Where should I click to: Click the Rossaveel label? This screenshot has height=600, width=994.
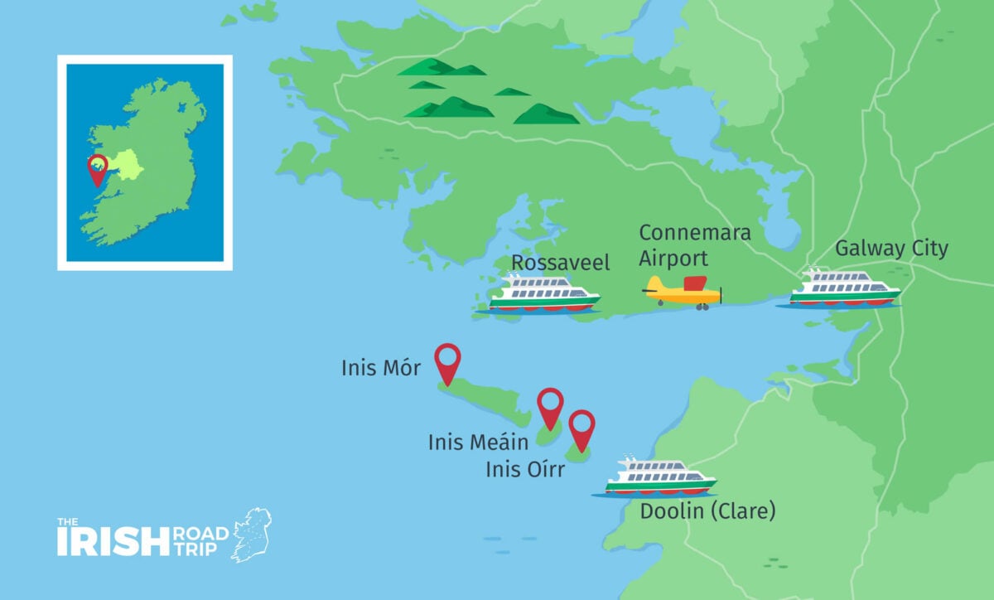(x=560, y=264)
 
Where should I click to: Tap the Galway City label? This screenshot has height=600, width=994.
(x=891, y=248)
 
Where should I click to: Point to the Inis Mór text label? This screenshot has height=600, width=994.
(x=381, y=367)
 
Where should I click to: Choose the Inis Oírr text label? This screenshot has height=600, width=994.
(x=525, y=470)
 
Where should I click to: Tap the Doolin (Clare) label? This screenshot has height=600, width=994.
(x=707, y=510)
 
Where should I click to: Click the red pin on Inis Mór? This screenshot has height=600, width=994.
(x=447, y=362)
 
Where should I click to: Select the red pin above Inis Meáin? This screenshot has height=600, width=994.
(x=550, y=406)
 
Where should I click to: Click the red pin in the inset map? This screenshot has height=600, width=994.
(x=98, y=168)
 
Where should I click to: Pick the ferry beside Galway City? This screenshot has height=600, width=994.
(x=843, y=289)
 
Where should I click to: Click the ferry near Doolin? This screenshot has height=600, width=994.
(x=659, y=477)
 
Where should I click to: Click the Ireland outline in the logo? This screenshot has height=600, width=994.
(x=251, y=535)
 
